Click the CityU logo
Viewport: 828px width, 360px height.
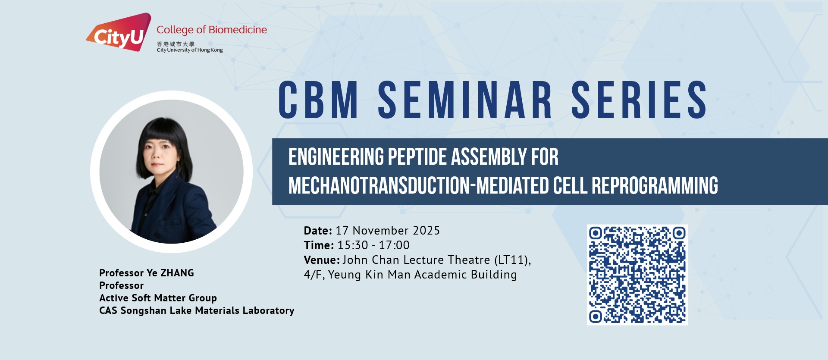(119, 32)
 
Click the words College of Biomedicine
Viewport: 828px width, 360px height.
(212, 30)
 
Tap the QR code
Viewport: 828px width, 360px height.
(637, 275)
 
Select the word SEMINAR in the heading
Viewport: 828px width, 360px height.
(465, 100)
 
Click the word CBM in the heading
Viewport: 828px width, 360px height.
(318, 100)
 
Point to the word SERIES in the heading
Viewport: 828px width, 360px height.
(639, 100)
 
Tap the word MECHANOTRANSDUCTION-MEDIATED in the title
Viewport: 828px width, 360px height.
(418, 185)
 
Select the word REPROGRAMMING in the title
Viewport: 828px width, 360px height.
(655, 185)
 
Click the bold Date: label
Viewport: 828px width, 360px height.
(318, 231)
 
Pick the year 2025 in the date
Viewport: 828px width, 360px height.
(426, 231)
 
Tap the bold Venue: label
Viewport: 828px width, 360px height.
(322, 260)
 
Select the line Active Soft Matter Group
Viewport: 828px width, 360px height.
(158, 298)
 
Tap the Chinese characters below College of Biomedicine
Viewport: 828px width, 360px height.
(176, 44)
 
